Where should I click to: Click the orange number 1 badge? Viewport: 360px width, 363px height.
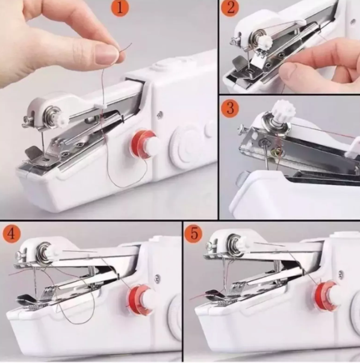120,8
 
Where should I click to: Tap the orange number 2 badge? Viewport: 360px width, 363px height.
231,8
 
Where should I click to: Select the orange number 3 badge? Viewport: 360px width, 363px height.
230,108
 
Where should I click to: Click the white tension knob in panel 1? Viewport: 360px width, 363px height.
63,119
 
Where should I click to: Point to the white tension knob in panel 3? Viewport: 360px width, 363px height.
282,110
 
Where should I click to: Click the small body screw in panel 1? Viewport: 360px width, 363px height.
160,114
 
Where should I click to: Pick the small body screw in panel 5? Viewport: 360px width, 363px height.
341,274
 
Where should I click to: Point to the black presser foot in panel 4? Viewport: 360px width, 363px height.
26,298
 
